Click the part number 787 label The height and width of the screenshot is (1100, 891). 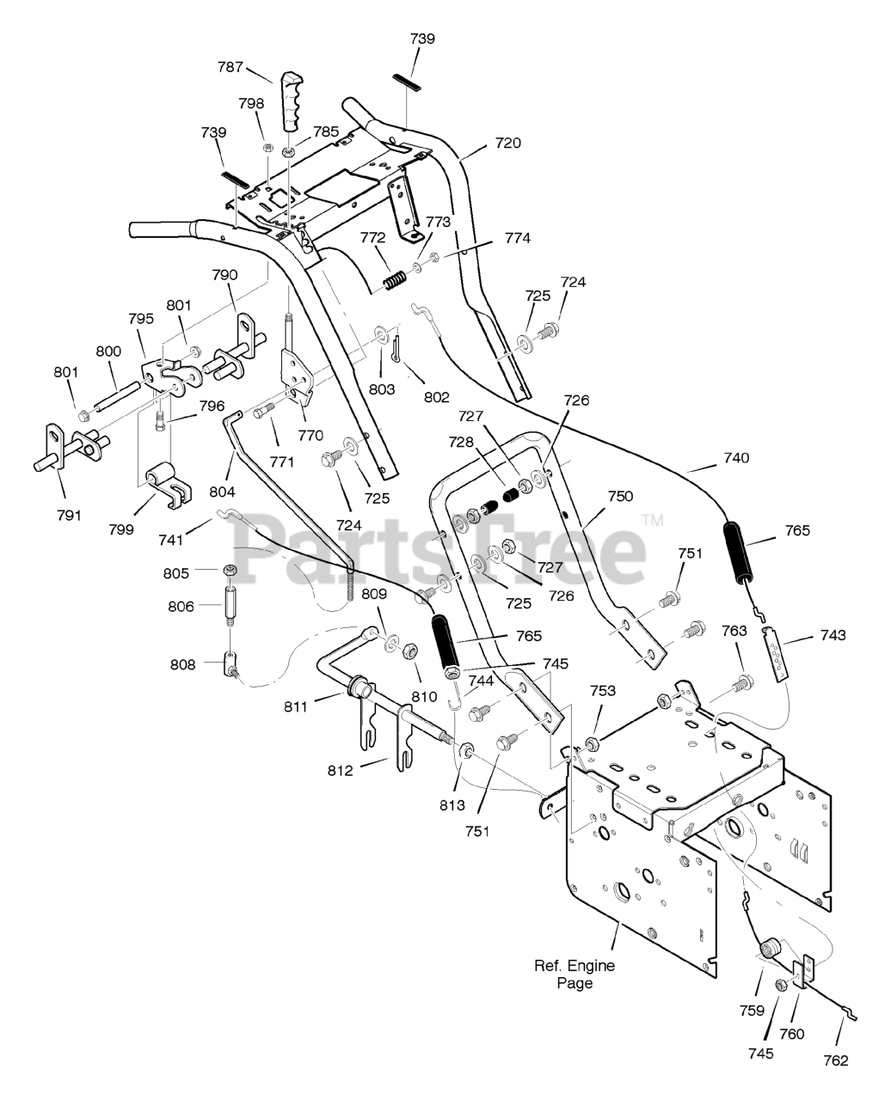tap(230, 67)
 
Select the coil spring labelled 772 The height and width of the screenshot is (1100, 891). tap(396, 282)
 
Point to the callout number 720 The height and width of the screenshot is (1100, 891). tap(508, 143)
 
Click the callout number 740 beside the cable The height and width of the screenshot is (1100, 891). tap(736, 457)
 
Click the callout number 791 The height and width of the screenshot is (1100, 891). tap(69, 515)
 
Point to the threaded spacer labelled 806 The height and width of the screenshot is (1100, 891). tap(230, 605)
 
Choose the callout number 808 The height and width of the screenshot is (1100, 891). tap(183, 664)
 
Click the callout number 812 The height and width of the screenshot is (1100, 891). tap(340, 771)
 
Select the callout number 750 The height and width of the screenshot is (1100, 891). tap(620, 497)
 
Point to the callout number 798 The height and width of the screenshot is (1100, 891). tap(251, 104)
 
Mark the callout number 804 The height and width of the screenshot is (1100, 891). tap(222, 492)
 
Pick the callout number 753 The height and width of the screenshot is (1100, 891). tap(603, 690)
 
